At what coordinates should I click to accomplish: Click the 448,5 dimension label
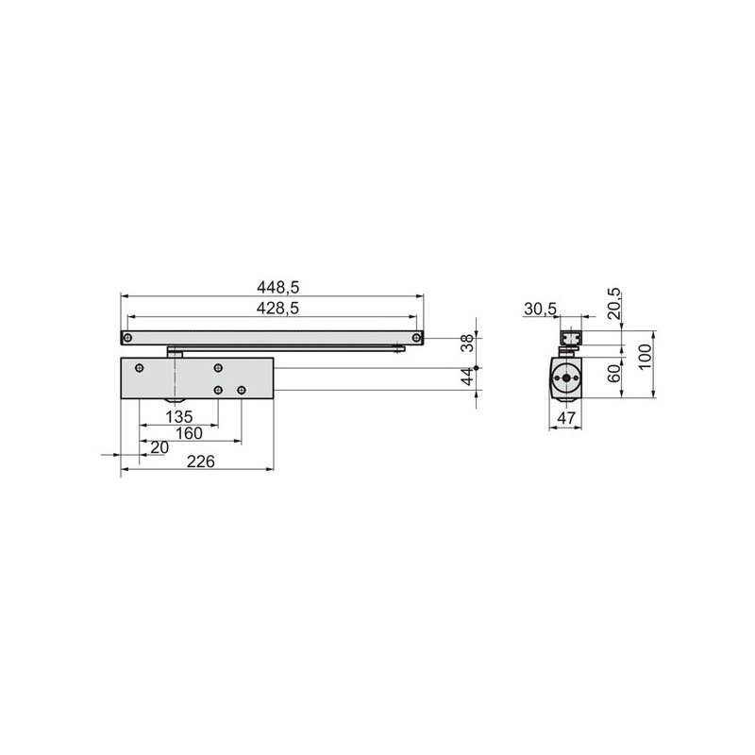point(277,288)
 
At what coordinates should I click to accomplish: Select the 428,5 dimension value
point(277,309)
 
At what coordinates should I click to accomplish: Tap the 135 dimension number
point(179,416)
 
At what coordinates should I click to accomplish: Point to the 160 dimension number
point(189,433)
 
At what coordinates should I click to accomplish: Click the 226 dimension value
point(201,461)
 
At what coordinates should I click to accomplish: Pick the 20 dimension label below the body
point(159,447)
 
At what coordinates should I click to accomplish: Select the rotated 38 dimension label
point(467,344)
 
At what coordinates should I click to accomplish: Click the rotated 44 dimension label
point(467,377)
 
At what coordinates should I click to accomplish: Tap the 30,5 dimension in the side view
point(540,309)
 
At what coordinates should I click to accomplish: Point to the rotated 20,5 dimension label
point(614,304)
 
